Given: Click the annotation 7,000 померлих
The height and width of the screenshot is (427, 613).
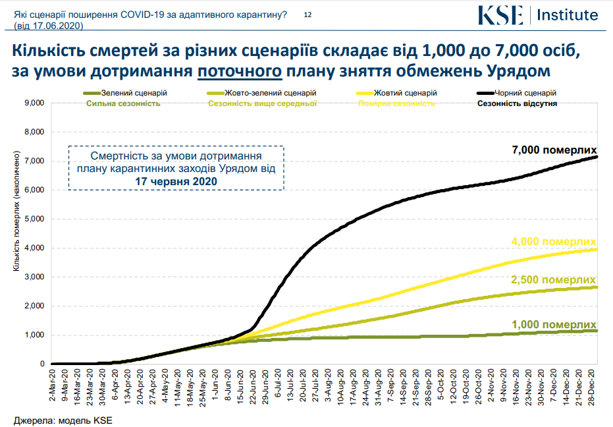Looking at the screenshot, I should tap(554, 150).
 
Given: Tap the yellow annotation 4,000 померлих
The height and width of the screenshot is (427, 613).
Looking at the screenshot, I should tap(554, 241).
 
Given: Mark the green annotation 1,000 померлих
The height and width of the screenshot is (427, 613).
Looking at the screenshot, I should tap(554, 324).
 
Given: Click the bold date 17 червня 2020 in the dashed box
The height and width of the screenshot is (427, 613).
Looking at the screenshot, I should tap(176, 181).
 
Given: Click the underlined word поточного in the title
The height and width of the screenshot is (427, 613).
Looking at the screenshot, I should tap(240, 70).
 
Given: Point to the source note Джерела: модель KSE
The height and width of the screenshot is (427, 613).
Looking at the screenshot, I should tap(59, 419).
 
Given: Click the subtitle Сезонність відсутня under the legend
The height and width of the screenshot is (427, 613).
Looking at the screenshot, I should tap(517, 103).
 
